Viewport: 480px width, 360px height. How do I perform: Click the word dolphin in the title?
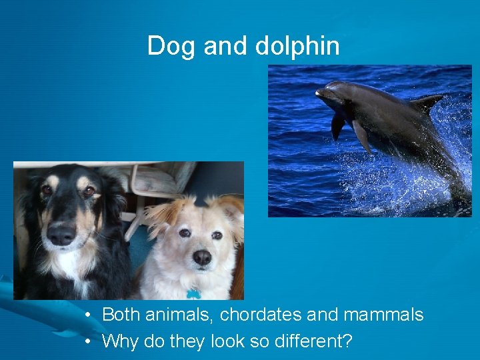click(298, 46)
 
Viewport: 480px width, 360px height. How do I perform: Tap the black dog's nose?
click(62, 233)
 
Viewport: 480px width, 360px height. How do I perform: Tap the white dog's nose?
click(202, 257)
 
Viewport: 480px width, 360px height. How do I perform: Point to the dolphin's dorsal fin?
click(425, 103)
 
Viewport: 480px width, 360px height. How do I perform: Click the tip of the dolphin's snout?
click(318, 93)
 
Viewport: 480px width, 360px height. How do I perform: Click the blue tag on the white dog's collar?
click(193, 293)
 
